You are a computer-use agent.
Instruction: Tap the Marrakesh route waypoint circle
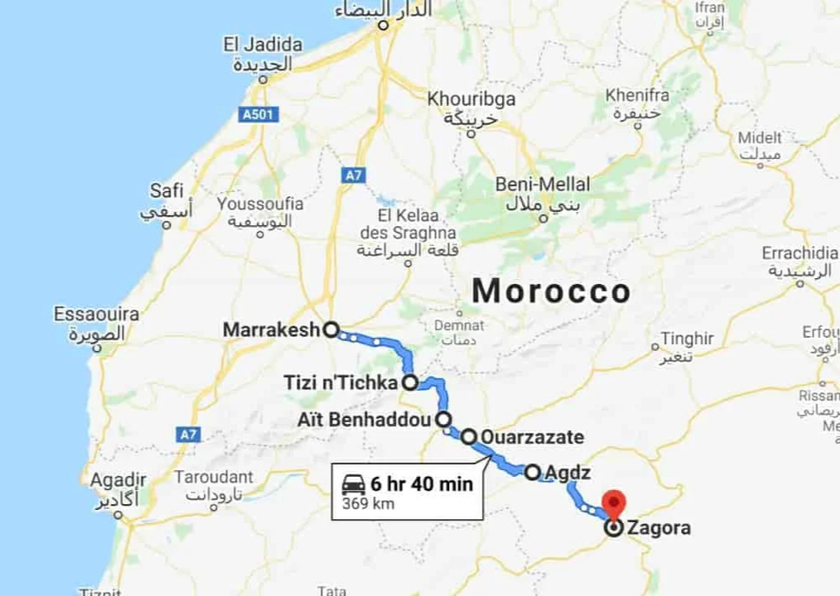click(x=331, y=329)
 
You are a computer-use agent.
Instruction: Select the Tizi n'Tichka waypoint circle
click(x=410, y=382)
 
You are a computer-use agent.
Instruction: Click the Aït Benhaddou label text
click(x=364, y=419)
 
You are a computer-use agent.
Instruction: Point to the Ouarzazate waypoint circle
click(x=469, y=436)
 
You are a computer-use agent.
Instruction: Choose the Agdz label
click(x=569, y=473)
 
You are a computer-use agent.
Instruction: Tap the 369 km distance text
click(x=368, y=503)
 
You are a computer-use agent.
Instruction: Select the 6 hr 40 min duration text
click(x=422, y=484)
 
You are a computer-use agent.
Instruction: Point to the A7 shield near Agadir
click(x=188, y=433)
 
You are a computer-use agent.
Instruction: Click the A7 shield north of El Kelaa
click(x=354, y=175)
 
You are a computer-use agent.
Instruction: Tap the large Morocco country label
click(x=551, y=291)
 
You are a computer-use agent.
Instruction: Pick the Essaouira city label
click(x=96, y=315)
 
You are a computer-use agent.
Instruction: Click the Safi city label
click(x=167, y=191)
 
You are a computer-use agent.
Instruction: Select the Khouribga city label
click(x=471, y=99)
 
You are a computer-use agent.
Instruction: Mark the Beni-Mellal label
click(x=543, y=184)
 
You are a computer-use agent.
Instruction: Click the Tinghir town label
click(x=687, y=339)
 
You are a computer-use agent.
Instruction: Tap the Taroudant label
click(x=214, y=477)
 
